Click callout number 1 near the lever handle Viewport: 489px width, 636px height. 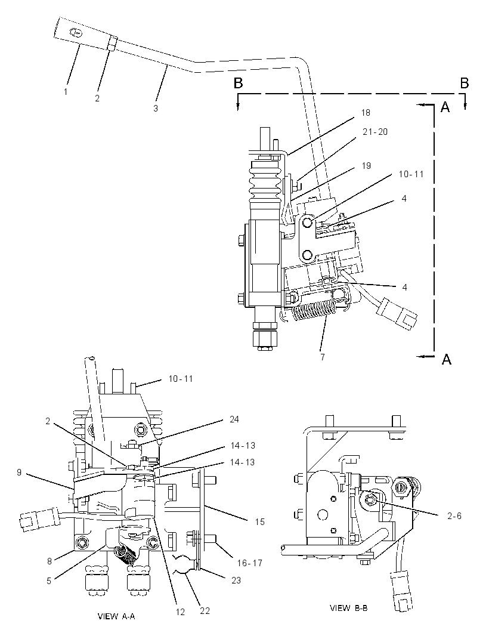(x=66, y=92)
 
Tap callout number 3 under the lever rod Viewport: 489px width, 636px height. (x=156, y=109)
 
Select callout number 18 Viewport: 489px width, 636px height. (x=366, y=112)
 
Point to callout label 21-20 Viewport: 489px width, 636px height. (x=375, y=132)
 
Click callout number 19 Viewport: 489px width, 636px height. (x=366, y=165)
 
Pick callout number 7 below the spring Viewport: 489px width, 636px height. (x=323, y=357)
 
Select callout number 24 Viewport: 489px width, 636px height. (x=234, y=419)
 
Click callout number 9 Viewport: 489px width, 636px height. (x=19, y=473)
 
